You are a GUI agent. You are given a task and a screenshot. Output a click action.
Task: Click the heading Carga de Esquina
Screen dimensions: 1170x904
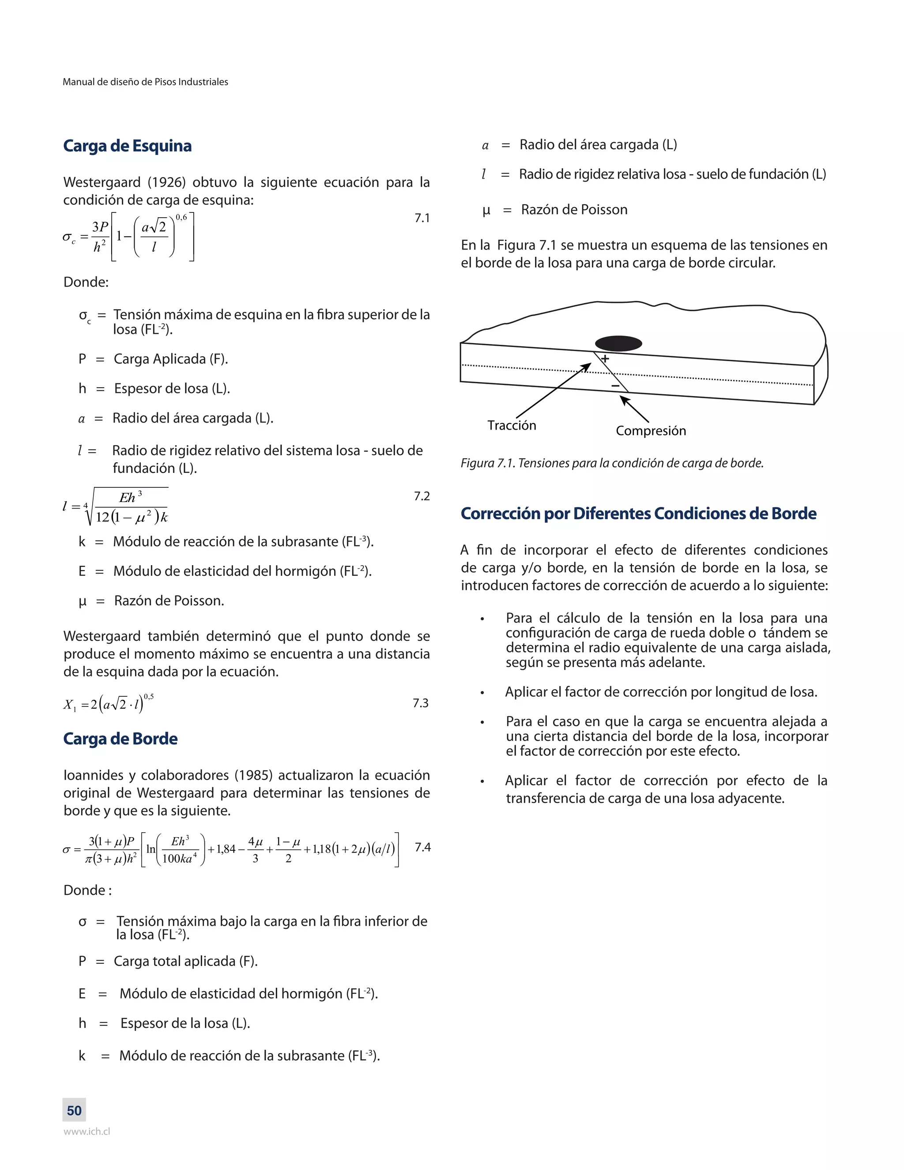pos(127,146)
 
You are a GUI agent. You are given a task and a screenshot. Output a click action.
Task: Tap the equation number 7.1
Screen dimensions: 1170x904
pos(422,218)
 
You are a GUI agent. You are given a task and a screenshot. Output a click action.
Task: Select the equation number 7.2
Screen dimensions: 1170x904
pos(422,496)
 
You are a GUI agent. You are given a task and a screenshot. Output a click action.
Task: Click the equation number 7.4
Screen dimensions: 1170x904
pos(422,847)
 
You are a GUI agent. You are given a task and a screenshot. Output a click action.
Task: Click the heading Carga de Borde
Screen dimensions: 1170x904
pos(120,739)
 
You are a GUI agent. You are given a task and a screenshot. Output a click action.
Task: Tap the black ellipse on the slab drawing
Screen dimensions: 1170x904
pos(618,343)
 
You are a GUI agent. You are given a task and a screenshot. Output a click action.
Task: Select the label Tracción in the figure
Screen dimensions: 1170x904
pos(512,425)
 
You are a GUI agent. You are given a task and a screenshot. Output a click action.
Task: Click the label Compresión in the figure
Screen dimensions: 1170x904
pos(651,431)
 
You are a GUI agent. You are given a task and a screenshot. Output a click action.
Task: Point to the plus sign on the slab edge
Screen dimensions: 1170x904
pos(605,359)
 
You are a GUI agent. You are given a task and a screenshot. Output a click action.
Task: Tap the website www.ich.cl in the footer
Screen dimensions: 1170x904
pos(87,1132)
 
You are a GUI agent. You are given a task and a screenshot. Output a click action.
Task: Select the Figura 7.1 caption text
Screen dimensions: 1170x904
pos(612,463)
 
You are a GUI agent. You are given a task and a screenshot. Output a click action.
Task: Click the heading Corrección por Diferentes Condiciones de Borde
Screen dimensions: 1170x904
pos(638,514)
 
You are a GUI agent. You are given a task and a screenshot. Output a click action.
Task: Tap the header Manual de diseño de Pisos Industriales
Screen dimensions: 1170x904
pos(145,82)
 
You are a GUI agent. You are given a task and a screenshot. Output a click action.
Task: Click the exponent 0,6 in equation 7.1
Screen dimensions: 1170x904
pos(181,217)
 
